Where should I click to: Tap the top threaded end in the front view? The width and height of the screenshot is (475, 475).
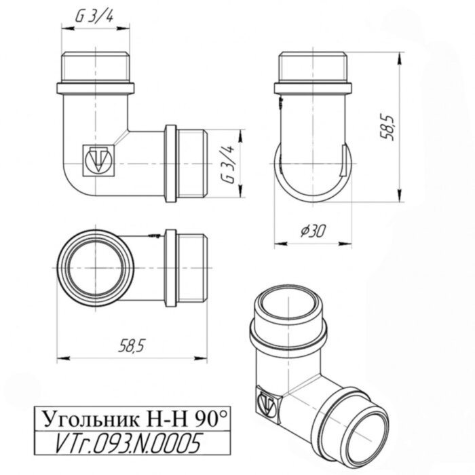pos(96,66)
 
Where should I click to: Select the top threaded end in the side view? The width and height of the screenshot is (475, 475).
pos(313,66)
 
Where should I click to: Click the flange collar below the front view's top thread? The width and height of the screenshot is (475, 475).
pos(96,88)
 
